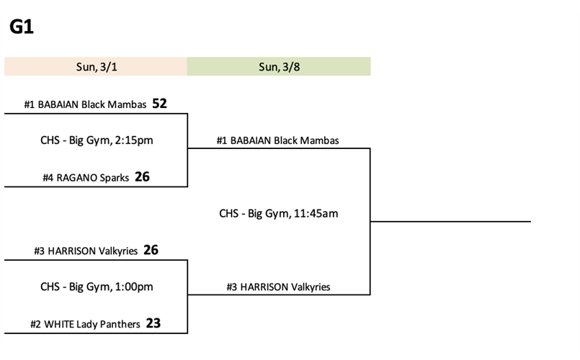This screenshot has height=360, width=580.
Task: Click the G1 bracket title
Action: point(22,28)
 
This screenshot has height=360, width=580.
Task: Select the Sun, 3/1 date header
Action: point(96,67)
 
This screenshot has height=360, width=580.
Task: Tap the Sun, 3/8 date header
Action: point(278,67)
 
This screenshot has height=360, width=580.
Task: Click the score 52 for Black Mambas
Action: point(159,104)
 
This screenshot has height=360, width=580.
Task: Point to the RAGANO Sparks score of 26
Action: point(142,176)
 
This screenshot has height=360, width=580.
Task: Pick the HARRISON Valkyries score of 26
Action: point(151,250)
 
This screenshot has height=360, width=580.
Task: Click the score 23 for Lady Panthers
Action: point(153,323)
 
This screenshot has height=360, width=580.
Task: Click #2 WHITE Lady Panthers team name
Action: point(85,324)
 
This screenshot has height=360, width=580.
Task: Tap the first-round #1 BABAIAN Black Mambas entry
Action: point(86,104)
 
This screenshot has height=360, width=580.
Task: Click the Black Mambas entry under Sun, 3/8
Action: point(277,140)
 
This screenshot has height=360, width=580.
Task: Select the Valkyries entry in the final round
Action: point(278,287)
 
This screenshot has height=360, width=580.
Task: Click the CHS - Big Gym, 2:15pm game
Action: point(97,140)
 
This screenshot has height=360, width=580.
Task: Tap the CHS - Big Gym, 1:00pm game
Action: point(97,287)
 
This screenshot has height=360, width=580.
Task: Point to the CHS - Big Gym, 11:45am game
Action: point(278,213)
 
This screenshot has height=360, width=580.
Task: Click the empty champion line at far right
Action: point(450,221)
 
